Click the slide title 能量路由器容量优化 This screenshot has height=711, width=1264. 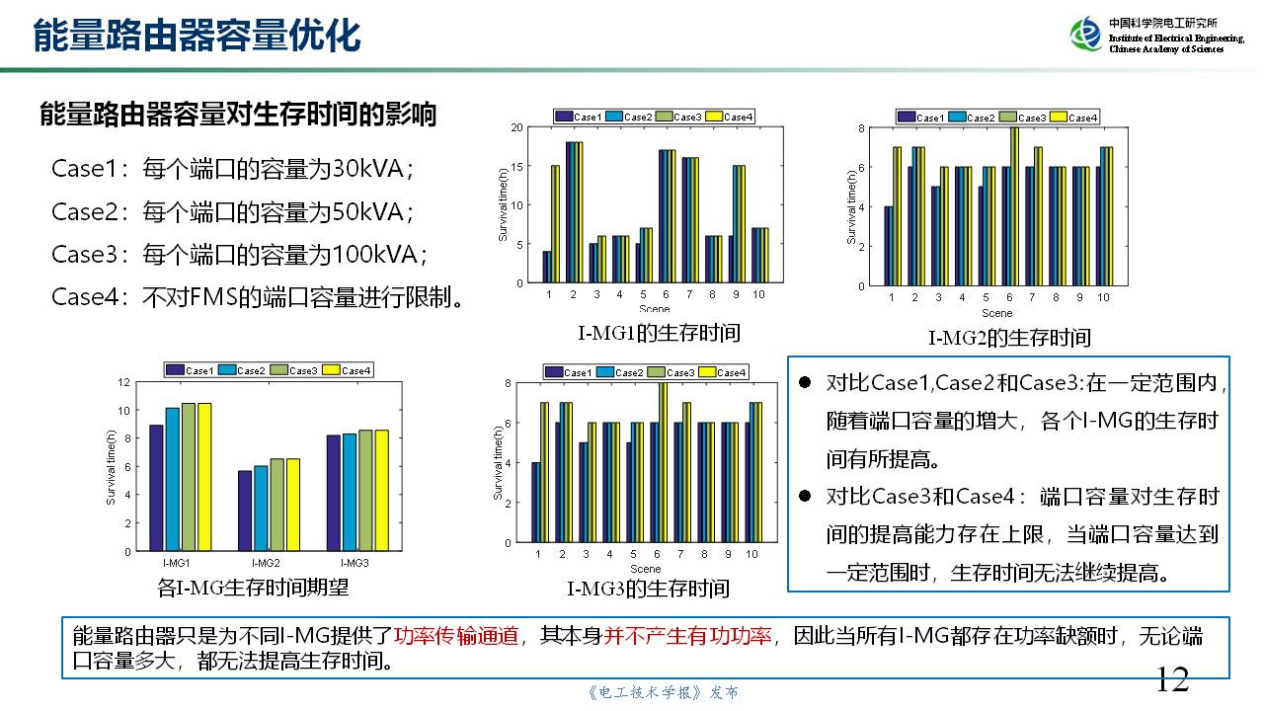point(197,35)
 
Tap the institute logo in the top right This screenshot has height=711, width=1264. point(1085,35)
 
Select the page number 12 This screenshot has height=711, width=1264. point(1172,679)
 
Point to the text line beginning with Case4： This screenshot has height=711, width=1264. point(258,297)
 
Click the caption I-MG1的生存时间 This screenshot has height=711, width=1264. point(659,333)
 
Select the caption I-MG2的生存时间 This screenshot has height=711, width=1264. point(1009,338)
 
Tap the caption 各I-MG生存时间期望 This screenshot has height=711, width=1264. point(253,588)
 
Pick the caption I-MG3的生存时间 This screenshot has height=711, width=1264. point(648,590)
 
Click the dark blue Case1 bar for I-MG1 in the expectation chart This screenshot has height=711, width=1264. point(157,488)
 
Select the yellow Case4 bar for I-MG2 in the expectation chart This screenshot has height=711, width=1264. point(293,505)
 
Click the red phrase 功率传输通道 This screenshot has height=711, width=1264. point(456,636)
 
